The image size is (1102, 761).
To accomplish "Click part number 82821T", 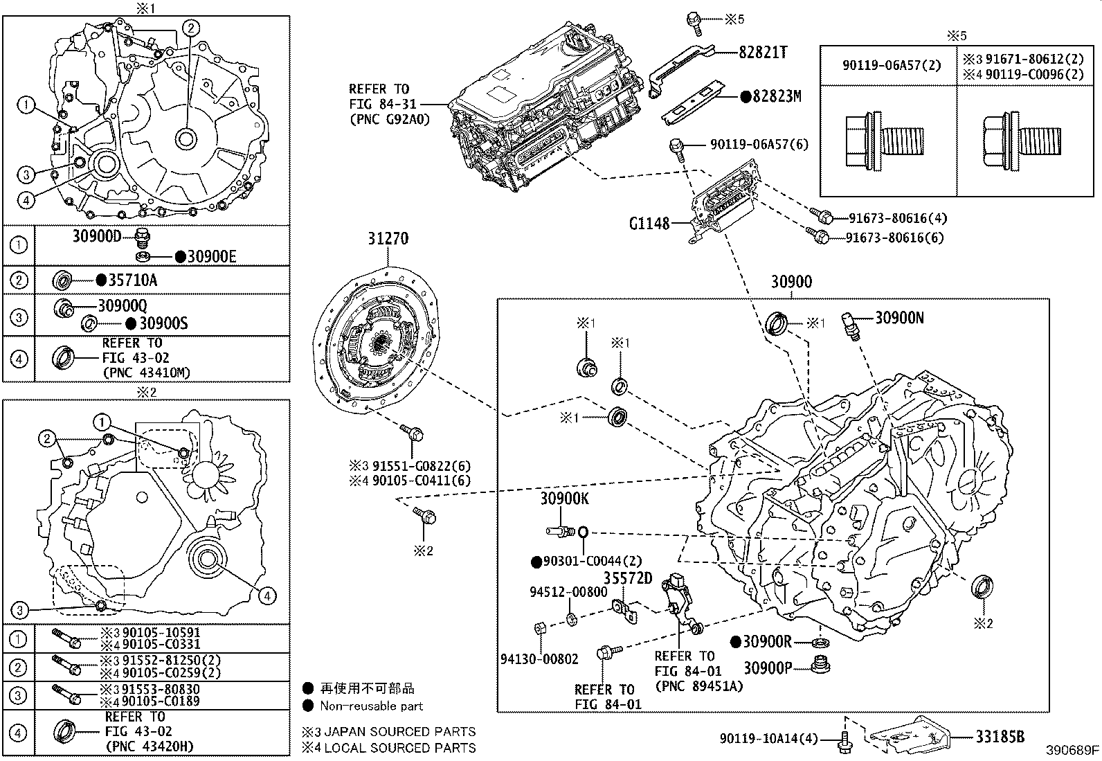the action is coord(763,52).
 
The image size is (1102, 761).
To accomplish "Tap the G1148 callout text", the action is coord(649,224).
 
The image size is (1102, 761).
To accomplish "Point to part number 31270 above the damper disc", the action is coord(388,239).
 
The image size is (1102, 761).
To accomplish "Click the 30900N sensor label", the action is coord(899,318).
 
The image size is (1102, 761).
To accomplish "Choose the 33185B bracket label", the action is coord(1000,737).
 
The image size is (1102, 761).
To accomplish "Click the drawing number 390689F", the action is coord(1072,750).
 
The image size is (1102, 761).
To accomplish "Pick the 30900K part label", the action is coord(564,499).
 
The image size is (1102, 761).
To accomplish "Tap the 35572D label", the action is coord(628,578).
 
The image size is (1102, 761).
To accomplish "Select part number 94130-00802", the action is coord(539,659).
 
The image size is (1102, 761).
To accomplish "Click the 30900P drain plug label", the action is coord(768,668).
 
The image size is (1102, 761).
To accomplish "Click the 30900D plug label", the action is coord(97,236).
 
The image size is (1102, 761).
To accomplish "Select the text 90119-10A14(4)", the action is coord(768,738).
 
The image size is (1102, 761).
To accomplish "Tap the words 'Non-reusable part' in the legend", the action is coord(372,706).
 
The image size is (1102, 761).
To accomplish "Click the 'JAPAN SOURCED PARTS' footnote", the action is coord(400,731).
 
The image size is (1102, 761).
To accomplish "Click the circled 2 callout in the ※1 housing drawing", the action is coord(191,28).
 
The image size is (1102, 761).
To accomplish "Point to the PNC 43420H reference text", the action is coord(150,746).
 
